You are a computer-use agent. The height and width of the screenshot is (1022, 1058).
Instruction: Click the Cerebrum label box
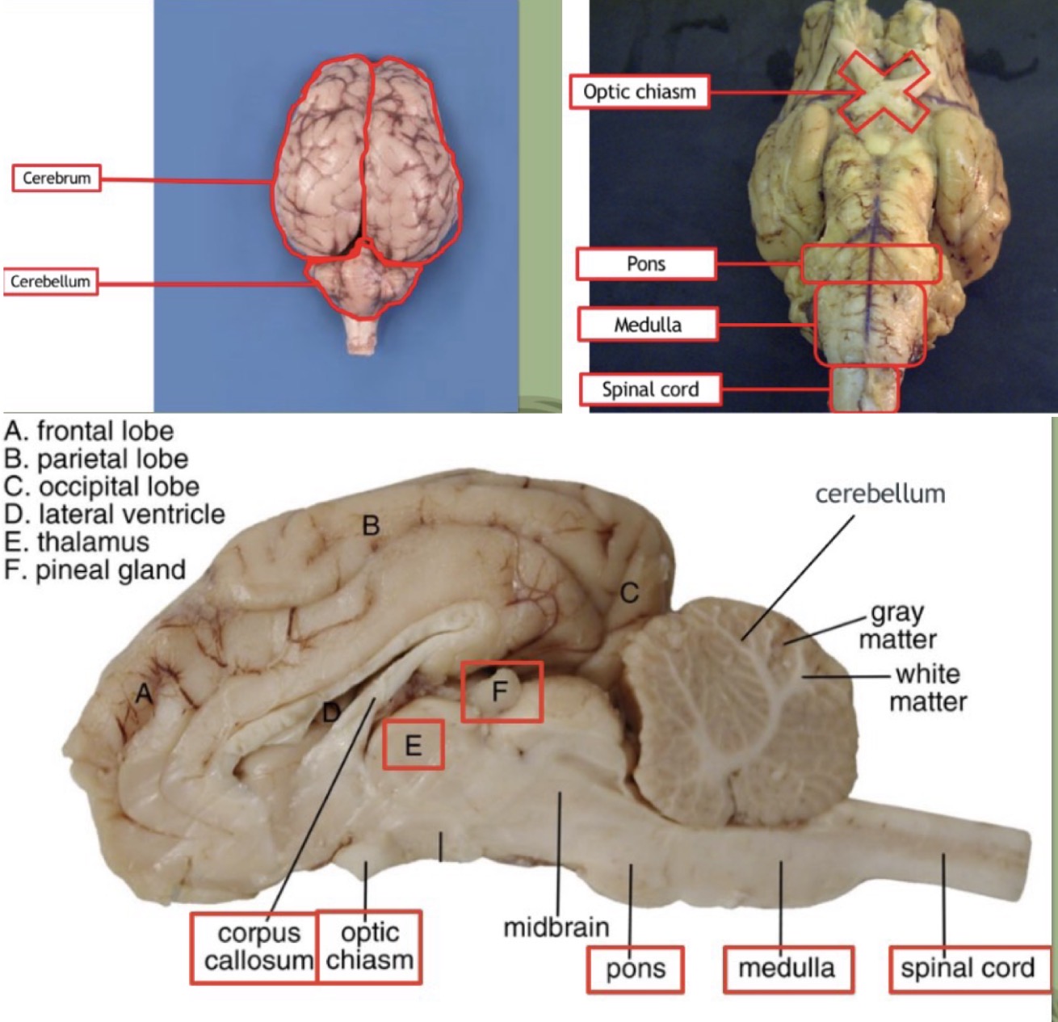[57, 178]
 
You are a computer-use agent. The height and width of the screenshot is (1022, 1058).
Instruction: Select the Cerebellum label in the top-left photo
[50, 282]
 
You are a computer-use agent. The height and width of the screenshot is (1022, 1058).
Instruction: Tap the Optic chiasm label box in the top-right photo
[639, 92]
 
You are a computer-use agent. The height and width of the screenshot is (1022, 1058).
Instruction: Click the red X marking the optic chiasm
[882, 92]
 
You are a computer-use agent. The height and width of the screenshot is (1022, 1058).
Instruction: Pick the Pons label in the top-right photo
[646, 264]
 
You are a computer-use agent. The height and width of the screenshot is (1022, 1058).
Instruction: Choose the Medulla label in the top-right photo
[648, 325]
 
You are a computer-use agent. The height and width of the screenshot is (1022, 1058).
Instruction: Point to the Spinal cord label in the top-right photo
[650, 389]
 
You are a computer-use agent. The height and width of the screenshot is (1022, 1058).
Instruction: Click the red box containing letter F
[502, 692]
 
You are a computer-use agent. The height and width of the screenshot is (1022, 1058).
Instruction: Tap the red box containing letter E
[413, 744]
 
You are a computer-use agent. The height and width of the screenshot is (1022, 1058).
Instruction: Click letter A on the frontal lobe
[144, 693]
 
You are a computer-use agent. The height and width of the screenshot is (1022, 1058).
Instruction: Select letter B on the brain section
[371, 526]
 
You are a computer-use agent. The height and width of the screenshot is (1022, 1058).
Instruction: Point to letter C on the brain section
[629, 594]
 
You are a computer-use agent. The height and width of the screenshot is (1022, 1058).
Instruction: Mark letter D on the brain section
[330, 713]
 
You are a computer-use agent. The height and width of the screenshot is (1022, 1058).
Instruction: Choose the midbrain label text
[556, 927]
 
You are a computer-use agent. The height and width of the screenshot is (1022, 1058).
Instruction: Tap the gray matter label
[897, 626]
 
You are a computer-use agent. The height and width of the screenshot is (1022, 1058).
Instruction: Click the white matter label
[928, 688]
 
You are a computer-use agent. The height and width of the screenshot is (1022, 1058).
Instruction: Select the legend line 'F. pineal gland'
[95, 570]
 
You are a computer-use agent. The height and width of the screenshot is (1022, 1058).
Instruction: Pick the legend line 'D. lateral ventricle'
[115, 514]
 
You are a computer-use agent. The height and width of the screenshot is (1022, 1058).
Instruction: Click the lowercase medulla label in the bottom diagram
[787, 968]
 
